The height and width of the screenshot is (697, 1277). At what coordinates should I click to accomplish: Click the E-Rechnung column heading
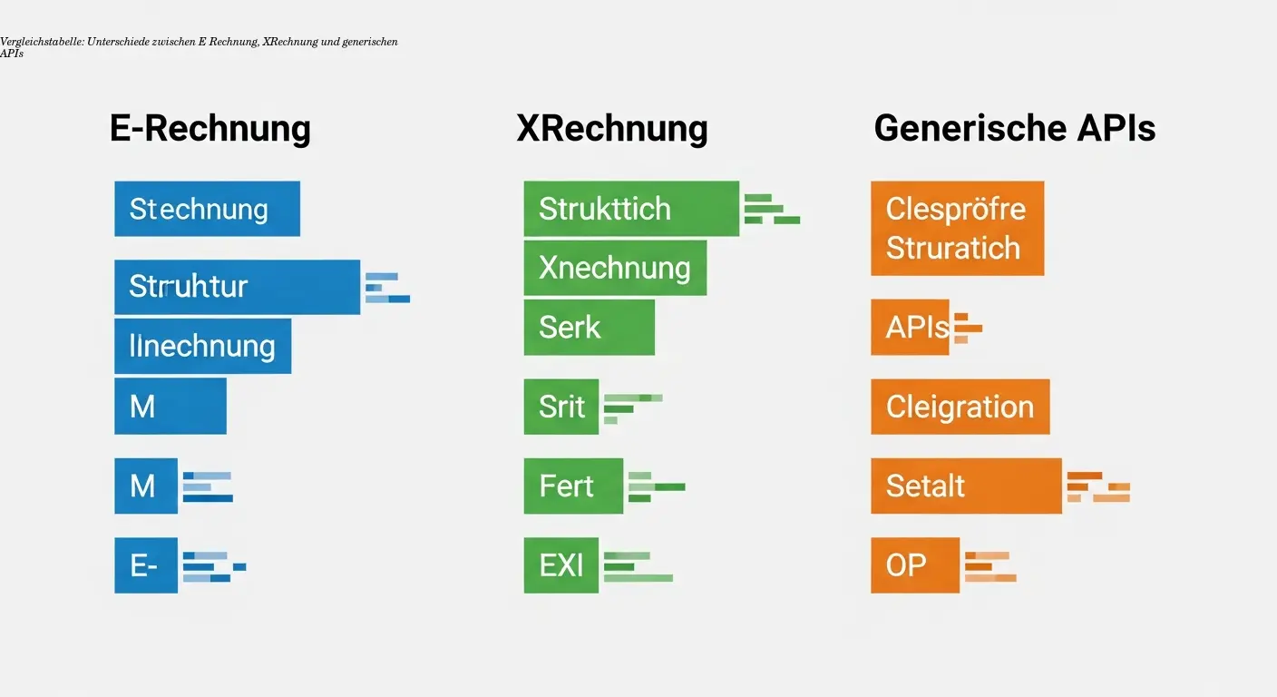pyautogui.click(x=210, y=128)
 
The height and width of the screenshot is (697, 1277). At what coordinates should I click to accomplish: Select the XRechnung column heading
pyautogui.click(x=612, y=128)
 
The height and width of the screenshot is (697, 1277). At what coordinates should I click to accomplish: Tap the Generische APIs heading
pyautogui.click(x=1014, y=128)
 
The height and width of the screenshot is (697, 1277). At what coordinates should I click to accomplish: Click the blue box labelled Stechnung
pyautogui.click(x=207, y=209)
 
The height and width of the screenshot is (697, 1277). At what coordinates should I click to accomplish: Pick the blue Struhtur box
pyautogui.click(x=237, y=287)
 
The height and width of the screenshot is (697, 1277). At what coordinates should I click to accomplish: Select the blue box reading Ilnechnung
pyautogui.click(x=202, y=346)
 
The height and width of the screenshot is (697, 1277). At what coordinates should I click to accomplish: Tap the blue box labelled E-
pyautogui.click(x=146, y=565)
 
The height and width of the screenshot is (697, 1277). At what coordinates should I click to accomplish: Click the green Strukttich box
pyautogui.click(x=631, y=209)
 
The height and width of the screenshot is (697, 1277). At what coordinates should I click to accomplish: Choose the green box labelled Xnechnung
pyautogui.click(x=615, y=268)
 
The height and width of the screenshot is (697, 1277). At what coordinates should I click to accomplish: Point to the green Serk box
pyautogui.click(x=589, y=327)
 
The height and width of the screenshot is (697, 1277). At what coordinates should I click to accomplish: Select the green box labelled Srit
pyautogui.click(x=561, y=407)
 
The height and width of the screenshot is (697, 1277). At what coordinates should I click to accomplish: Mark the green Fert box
pyautogui.click(x=573, y=486)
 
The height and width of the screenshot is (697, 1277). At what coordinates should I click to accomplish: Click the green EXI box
pyautogui.click(x=561, y=565)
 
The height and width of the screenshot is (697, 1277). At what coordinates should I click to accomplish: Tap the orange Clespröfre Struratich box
pyautogui.click(x=957, y=229)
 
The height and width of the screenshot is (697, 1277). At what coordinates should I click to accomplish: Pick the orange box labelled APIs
pyautogui.click(x=910, y=327)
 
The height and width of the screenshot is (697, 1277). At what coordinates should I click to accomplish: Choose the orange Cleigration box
pyautogui.click(x=960, y=407)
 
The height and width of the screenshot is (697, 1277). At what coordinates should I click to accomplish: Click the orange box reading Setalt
pyautogui.click(x=966, y=486)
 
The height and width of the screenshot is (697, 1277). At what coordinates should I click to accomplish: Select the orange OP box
pyautogui.click(x=915, y=565)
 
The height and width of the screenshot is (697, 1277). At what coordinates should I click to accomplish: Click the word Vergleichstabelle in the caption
pyautogui.click(x=42, y=43)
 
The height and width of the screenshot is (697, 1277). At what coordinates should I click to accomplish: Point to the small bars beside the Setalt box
pyautogui.click(x=1098, y=486)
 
